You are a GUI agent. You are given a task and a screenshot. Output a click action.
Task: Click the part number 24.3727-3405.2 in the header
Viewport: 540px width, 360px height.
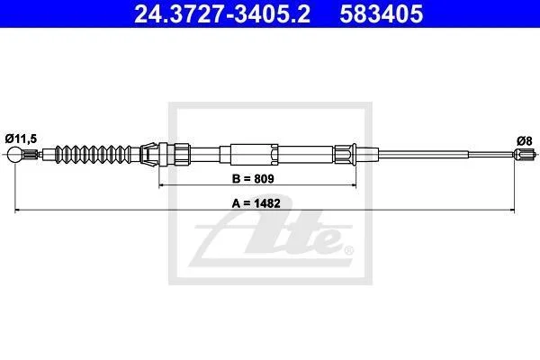[x=222, y=13]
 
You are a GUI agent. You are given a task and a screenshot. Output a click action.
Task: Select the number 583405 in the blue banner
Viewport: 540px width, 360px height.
[x=381, y=13]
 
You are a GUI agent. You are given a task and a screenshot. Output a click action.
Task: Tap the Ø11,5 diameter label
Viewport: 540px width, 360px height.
[x=21, y=139]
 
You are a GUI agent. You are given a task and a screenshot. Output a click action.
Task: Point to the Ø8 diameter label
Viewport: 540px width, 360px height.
[x=525, y=141]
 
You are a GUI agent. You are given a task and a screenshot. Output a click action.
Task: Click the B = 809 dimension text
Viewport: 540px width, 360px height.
[x=253, y=179]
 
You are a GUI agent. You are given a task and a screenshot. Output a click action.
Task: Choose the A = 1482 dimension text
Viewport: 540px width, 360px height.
[x=256, y=203]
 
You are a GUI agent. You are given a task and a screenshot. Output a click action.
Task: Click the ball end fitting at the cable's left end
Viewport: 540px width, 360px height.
[x=15, y=154]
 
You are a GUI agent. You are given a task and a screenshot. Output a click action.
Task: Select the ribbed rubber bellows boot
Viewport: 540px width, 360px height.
[x=93, y=154]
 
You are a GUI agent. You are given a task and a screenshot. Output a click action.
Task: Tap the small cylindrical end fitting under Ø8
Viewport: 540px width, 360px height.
[x=525, y=154]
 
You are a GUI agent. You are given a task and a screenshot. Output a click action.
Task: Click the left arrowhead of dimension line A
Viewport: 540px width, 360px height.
[x=18, y=210]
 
